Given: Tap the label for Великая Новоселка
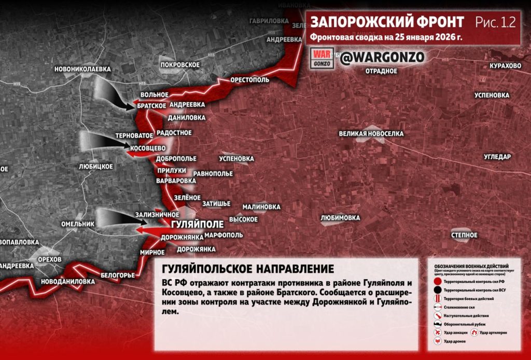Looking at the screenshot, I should pos(371,134).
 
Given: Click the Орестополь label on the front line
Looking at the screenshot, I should pos(249,80).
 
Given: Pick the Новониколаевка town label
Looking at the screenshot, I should pos(82,68).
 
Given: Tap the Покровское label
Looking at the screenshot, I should pos(180,64).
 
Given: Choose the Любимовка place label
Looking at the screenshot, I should pos(340,218).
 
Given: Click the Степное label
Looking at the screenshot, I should pos(464,236).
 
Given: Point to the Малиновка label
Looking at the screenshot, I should pos(261,206).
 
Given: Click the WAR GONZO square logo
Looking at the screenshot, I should pos(322,58).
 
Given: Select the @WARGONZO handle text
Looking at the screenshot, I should pos(382,57).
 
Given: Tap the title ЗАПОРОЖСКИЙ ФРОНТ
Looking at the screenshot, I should pos(387,22).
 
